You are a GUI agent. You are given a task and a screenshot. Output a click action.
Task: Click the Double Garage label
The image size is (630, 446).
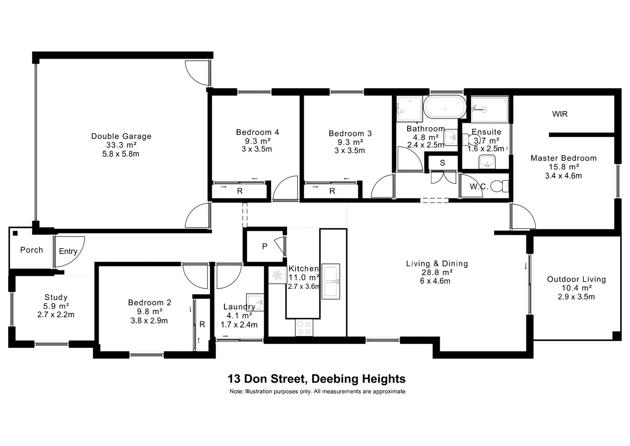coord(121,136)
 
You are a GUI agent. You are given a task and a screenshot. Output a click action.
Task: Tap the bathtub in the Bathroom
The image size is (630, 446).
coord(445,107)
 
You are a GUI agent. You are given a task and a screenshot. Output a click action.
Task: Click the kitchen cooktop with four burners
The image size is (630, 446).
coord(304,328)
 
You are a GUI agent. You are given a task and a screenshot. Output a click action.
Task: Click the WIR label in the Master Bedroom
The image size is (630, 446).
coord(560,114)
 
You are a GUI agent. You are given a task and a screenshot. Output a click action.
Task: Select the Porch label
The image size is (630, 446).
coord(31,250)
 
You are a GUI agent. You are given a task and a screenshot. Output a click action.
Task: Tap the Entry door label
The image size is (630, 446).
coord(68,251)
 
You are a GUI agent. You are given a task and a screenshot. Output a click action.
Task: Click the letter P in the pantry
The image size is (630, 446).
coord(265,247)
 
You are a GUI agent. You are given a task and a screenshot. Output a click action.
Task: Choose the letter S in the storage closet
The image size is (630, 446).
coord(442,163)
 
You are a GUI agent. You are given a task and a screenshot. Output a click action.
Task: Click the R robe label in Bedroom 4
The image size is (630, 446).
coord(240,191)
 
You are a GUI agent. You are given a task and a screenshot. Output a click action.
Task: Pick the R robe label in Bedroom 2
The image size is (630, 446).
coord(202,324)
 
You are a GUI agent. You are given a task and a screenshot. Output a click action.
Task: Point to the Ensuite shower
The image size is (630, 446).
coord(489,109)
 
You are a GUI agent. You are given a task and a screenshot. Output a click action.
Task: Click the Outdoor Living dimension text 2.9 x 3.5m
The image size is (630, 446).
coord(576,297)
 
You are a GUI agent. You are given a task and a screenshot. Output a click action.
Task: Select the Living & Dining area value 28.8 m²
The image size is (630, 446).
coord(437,273)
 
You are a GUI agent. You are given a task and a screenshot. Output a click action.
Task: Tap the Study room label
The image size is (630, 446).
coord(56,297)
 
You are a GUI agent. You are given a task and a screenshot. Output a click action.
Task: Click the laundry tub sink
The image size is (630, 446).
coord(255,301)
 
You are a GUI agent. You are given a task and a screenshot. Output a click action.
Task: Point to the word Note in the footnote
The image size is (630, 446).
coord(236,391)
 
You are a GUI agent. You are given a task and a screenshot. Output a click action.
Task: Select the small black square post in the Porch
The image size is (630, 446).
coord(15,233)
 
